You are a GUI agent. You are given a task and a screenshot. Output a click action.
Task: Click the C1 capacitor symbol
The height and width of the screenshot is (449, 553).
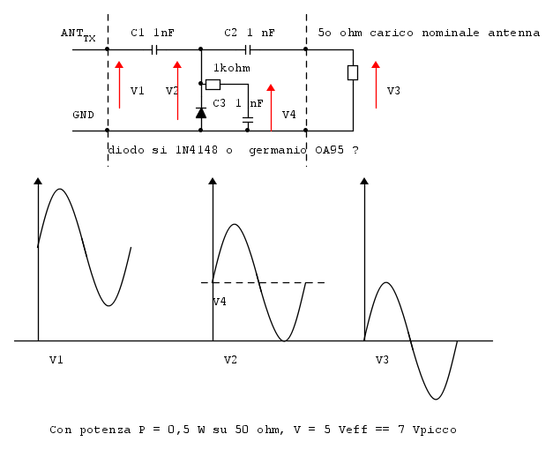click(153, 49)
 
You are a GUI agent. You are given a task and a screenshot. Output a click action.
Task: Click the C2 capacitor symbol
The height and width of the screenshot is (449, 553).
click(248, 49)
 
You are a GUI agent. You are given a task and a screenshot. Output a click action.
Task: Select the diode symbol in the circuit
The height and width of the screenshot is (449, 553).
click(201, 113)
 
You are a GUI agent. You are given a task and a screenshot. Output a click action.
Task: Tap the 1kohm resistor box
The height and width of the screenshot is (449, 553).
click(213, 85)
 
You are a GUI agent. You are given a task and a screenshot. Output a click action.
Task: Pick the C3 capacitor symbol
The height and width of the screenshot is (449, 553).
click(248, 120)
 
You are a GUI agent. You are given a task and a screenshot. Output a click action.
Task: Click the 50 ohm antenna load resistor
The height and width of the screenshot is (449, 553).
click(353, 72)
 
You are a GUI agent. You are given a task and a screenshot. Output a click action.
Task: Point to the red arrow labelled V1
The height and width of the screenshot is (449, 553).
click(120, 85)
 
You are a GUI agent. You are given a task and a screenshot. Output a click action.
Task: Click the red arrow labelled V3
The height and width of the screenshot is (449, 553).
click(376, 85)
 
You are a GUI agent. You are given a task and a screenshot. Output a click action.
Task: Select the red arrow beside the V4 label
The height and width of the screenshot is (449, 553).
click(271, 108)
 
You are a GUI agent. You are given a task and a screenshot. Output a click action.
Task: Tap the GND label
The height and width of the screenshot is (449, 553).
click(83, 115)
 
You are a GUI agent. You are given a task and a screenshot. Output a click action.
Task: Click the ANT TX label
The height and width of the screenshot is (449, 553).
click(78, 34)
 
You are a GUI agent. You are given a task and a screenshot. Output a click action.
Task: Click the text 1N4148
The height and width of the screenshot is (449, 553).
click(197, 150)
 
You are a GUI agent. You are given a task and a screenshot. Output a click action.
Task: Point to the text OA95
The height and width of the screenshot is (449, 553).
click(329, 150)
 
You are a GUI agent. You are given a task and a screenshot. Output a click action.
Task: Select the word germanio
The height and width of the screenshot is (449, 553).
click(278, 151)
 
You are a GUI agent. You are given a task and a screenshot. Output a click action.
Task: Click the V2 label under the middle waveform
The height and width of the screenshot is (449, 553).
click(230, 360)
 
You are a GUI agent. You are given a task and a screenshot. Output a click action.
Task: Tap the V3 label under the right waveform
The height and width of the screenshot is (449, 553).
click(382, 360)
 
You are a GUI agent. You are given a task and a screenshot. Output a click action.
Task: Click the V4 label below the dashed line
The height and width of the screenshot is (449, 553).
click(220, 302)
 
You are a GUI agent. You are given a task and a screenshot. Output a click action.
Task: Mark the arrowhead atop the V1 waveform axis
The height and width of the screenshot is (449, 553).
click(38, 181)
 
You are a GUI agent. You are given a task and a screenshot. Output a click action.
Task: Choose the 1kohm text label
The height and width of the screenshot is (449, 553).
click(232, 68)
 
